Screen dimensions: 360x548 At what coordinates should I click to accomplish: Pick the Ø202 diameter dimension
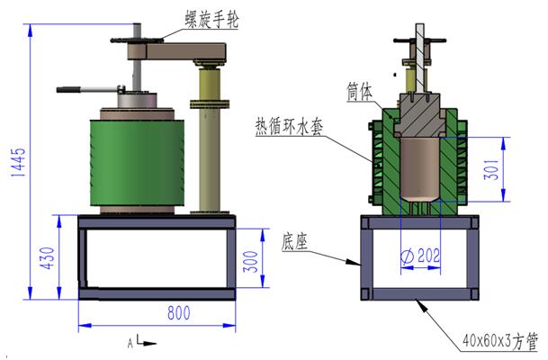pyautogui.click(x=420, y=256)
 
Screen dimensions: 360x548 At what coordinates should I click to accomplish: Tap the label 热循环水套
pyautogui.click(x=289, y=125)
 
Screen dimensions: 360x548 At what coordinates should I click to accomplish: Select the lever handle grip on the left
pyautogui.click(x=72, y=89)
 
